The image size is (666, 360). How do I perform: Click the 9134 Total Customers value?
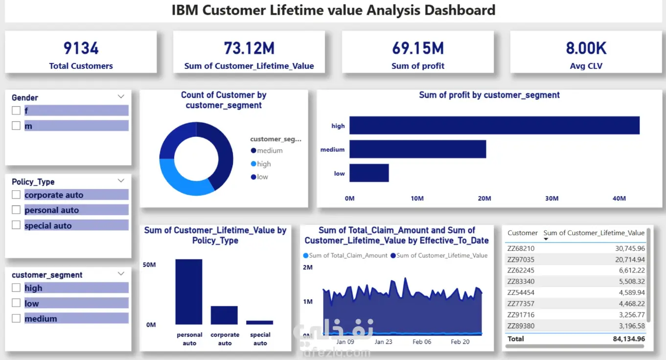coord(81,48)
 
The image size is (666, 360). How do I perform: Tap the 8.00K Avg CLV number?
coord(586,48)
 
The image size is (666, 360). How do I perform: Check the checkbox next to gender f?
coord(16,111)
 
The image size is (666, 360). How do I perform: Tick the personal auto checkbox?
coord(16,210)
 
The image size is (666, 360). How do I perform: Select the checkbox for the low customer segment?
coord(16,303)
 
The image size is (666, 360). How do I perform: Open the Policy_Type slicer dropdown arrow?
coord(121,181)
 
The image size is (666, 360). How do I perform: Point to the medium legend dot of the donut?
coord(253,151)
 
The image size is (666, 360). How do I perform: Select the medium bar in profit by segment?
coord(418,149)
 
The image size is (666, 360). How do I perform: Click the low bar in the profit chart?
coord(369,173)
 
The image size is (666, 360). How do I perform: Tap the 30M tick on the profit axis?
coord(552,198)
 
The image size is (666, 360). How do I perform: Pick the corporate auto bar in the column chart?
coord(224,315)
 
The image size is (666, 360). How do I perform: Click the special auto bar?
coord(259,322)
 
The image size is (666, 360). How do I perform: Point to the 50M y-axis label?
coord(149,265)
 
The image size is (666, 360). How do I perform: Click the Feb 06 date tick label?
coord(422,342)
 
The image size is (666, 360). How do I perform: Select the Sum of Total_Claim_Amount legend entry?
coord(345,255)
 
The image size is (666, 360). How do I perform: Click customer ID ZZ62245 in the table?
coord(521,270)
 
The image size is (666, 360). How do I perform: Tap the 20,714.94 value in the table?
coord(630,260)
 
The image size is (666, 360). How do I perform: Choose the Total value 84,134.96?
coord(629,338)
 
